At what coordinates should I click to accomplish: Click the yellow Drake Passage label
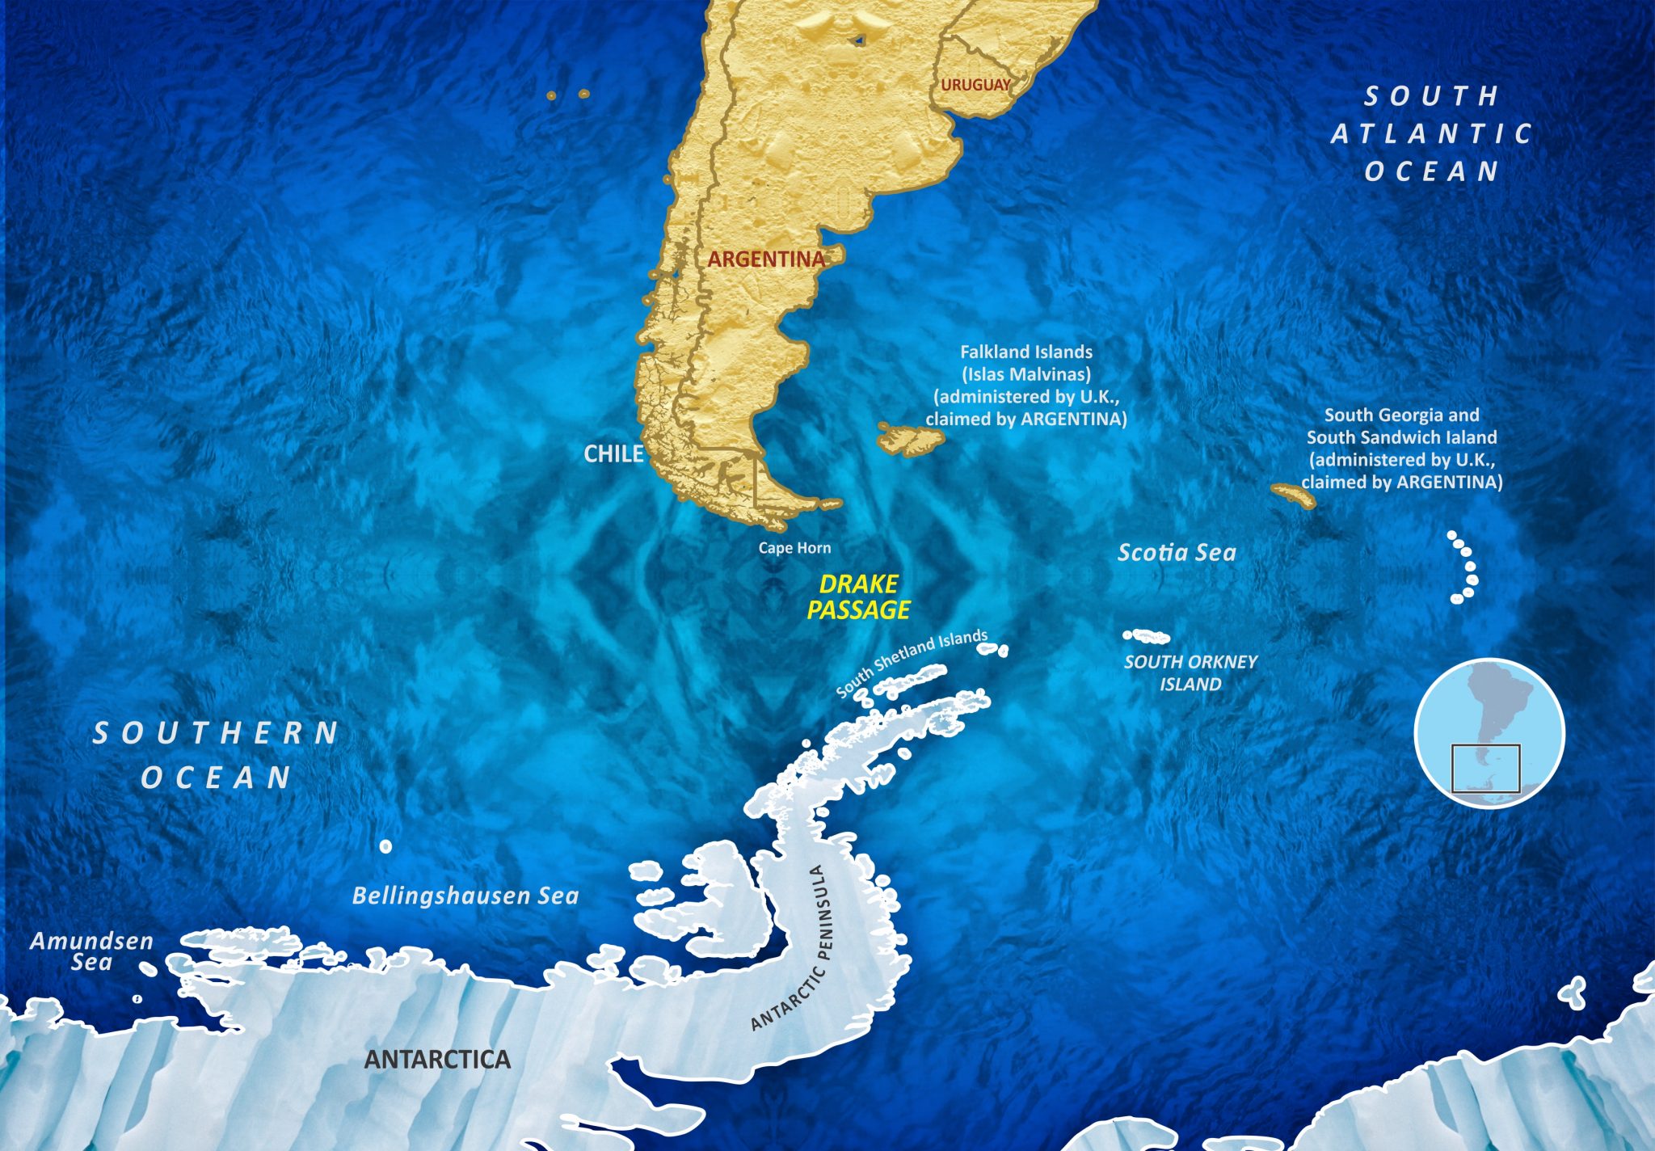point(859,597)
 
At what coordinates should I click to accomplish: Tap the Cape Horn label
point(794,548)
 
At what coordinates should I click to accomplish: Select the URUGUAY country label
point(975,85)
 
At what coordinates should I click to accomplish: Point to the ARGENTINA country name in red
point(766,259)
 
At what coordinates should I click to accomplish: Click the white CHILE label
point(613,454)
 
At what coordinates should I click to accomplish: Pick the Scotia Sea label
point(1177,553)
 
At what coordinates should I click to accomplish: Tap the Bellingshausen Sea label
point(465,896)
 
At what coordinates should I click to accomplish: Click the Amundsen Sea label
point(91,951)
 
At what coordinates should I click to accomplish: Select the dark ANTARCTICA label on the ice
point(437,1060)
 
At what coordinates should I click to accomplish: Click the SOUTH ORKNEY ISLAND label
point(1190,672)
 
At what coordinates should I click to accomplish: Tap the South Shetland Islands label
point(912,663)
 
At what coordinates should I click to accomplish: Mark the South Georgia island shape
point(1294,495)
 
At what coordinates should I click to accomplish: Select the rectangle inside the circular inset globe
point(1485,768)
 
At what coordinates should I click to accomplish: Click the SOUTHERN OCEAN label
point(215,755)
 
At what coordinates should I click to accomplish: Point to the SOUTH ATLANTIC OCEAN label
point(1431,134)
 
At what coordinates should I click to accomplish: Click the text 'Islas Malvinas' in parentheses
point(1026,374)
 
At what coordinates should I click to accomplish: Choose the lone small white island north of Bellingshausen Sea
point(385,846)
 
